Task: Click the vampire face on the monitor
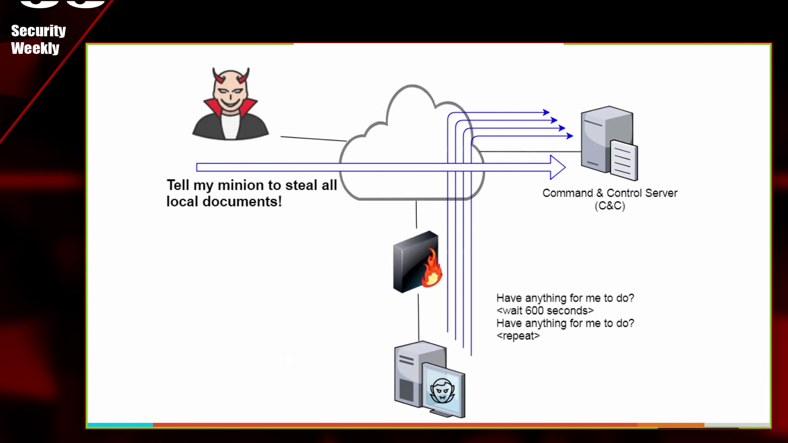tap(442, 391)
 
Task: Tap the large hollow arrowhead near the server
tap(557, 167)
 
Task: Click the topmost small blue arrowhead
tap(546, 112)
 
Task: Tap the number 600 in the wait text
tap(534, 311)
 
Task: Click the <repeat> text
tap(518, 336)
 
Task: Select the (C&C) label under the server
tap(610, 206)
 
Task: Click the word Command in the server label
tap(568, 193)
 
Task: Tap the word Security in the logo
tap(38, 31)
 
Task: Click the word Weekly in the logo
tap(35, 48)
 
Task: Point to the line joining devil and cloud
tap(314, 139)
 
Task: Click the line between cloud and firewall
tap(416, 214)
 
